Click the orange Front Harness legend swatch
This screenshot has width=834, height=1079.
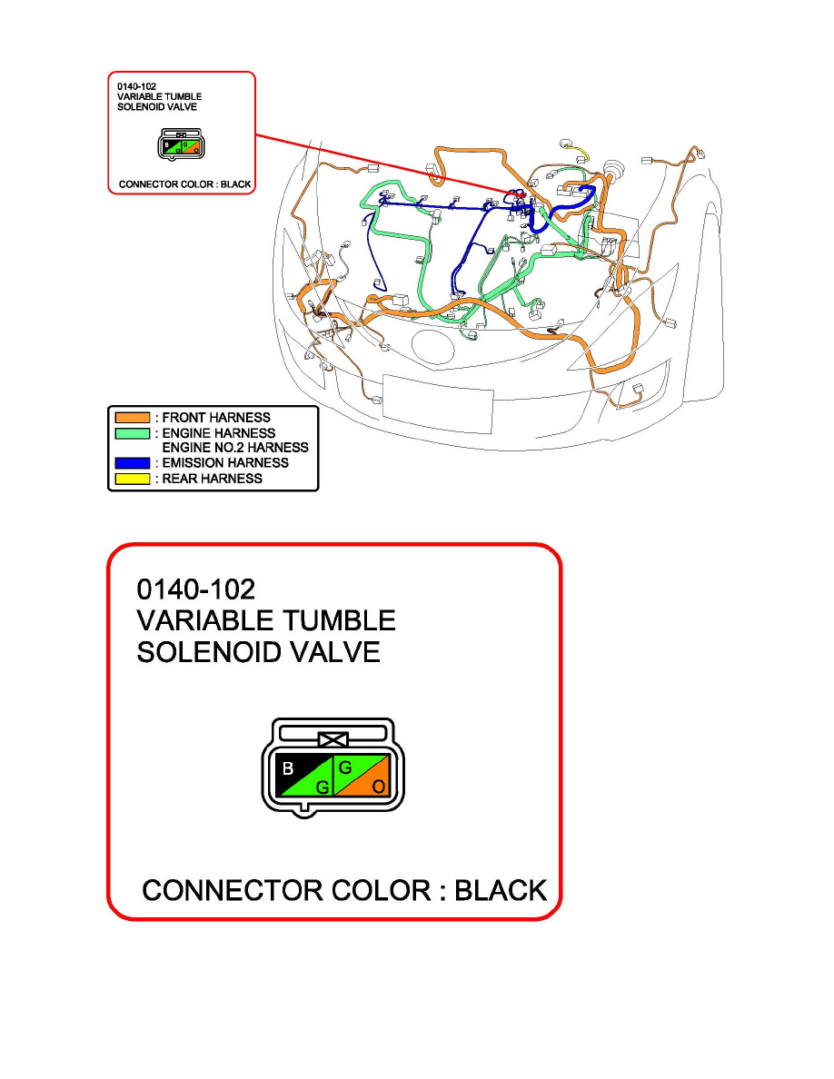[x=132, y=418]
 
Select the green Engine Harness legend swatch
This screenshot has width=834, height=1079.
[x=132, y=433]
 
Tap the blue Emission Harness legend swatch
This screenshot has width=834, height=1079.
[x=132, y=463]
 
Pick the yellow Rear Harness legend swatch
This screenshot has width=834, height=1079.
[x=132, y=479]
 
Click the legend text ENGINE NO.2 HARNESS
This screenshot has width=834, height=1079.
[x=235, y=447]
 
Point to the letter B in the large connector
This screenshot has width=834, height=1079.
[x=288, y=768]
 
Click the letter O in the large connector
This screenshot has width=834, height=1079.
[x=379, y=787]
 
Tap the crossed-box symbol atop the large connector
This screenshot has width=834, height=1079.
[x=333, y=739]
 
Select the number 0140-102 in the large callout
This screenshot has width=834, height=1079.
[x=196, y=589]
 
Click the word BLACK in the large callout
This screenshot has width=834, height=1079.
[x=501, y=890]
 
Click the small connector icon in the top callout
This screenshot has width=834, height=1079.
[x=181, y=144]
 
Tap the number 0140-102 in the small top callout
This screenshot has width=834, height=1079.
[x=136, y=86]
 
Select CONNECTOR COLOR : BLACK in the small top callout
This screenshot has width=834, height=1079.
[x=184, y=184]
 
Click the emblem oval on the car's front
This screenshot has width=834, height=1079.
[x=432, y=346]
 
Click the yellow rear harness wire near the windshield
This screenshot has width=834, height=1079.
[x=579, y=152]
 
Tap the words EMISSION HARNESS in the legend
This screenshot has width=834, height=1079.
[x=225, y=463]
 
